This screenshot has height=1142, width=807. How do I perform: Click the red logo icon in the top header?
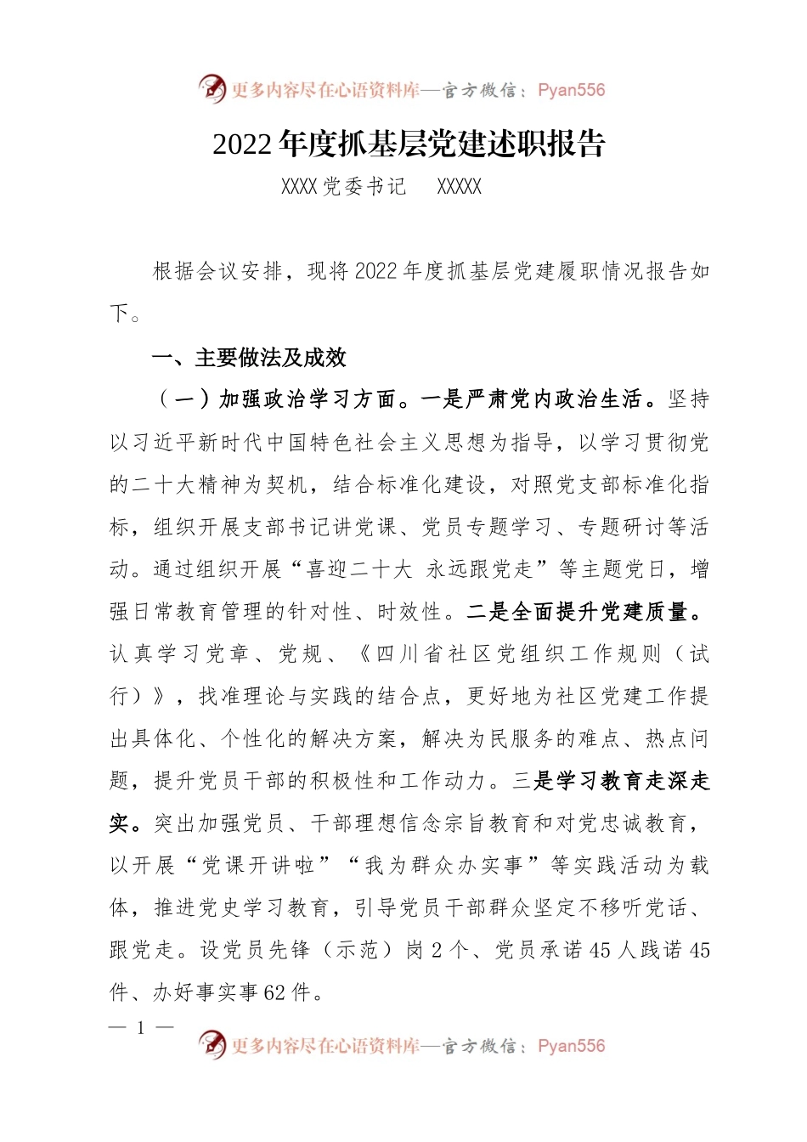point(212,89)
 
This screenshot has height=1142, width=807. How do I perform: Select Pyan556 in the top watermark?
point(572,90)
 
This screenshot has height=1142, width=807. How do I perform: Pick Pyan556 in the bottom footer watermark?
point(572,1046)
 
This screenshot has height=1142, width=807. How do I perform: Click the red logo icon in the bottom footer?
point(212,1044)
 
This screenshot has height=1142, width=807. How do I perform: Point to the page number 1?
point(141,1028)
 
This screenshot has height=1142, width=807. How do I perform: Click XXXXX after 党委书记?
point(459,188)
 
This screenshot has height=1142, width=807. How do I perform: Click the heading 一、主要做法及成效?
point(249,358)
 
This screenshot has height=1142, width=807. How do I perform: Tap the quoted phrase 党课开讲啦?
point(259,866)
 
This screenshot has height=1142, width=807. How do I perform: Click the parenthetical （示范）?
point(356,950)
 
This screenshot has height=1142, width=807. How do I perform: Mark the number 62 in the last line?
point(274,992)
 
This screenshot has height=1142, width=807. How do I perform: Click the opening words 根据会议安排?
point(217,272)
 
